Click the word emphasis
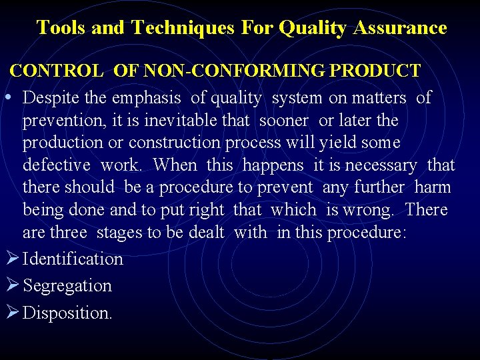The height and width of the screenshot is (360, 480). pos(146,98)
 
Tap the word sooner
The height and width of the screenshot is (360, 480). pos(283,121)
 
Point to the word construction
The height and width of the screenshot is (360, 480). pos(174,143)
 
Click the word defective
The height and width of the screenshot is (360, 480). pos(56,165)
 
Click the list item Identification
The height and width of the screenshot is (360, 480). pos(73,259)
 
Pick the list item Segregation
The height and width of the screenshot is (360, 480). pos(67,286)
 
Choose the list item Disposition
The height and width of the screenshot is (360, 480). pos(67,313)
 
